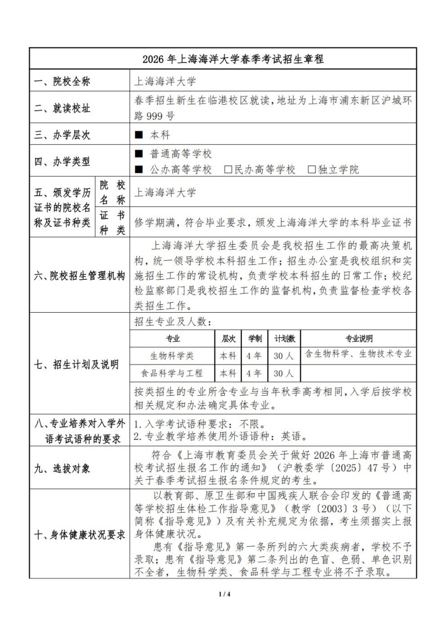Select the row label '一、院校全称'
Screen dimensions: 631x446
tap(61, 82)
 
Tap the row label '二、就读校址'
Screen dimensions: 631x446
tap(61, 108)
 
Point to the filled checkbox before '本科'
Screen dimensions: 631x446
tap(139, 134)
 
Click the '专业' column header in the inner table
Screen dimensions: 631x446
tap(173, 339)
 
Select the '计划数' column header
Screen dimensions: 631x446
tap(284, 339)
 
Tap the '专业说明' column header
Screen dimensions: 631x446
tap(358, 339)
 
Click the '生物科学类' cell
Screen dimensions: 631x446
tap(173, 355)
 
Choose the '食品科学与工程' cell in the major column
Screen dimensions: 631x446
tap(173, 373)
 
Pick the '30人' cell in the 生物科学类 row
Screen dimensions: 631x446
tap(284, 355)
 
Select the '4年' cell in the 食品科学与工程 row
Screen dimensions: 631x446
tap(254, 373)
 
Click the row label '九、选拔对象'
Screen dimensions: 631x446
tap(61, 468)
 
